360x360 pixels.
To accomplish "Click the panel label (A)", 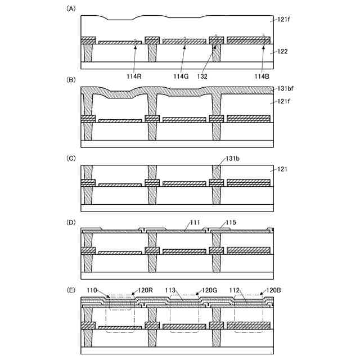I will [x=71, y=8].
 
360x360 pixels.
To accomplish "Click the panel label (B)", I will [x=71, y=80].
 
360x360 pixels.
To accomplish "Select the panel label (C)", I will [x=71, y=158].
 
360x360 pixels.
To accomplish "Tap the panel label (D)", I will [x=71, y=223].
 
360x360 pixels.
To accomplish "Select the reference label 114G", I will [x=181, y=76].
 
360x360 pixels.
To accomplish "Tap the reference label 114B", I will [x=263, y=76].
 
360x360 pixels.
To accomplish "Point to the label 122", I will [x=282, y=52].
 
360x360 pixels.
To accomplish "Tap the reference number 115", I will [x=231, y=223].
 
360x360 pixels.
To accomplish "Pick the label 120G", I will [x=209, y=290].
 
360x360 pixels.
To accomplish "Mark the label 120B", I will [x=273, y=290].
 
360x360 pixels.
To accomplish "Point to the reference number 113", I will [x=171, y=290].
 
